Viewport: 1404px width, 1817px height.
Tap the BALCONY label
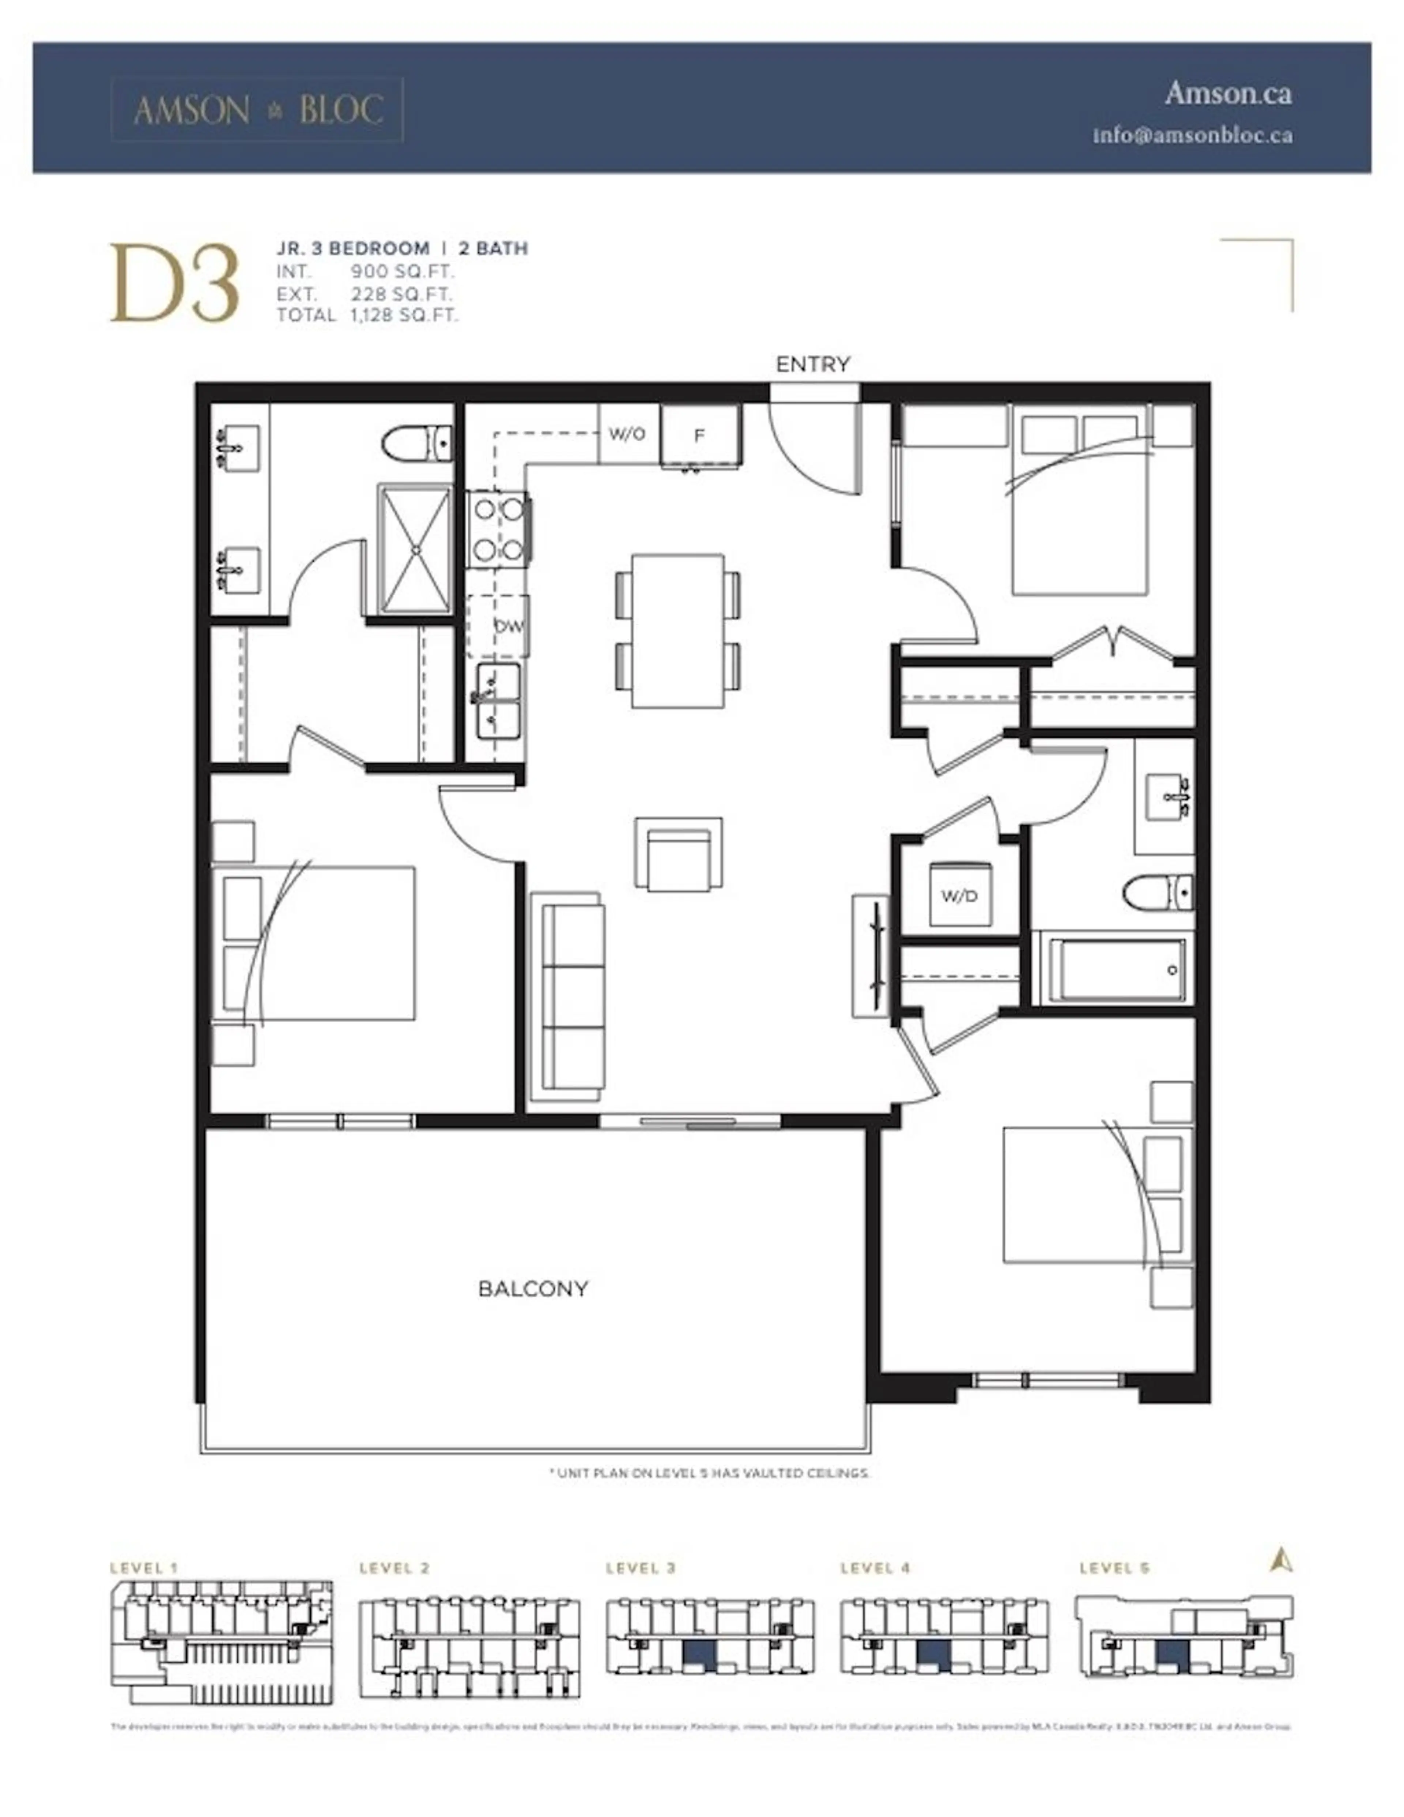coord(533,1289)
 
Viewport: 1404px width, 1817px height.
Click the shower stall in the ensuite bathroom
coord(415,550)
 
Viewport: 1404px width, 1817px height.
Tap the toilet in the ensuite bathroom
coord(418,442)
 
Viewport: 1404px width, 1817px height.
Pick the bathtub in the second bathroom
coord(1112,970)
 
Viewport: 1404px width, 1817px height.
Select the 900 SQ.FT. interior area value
coord(402,271)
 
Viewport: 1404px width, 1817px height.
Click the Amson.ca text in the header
coord(1228,93)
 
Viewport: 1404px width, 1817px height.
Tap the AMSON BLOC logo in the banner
coord(258,110)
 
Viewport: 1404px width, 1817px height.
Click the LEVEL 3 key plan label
coord(641,1568)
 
